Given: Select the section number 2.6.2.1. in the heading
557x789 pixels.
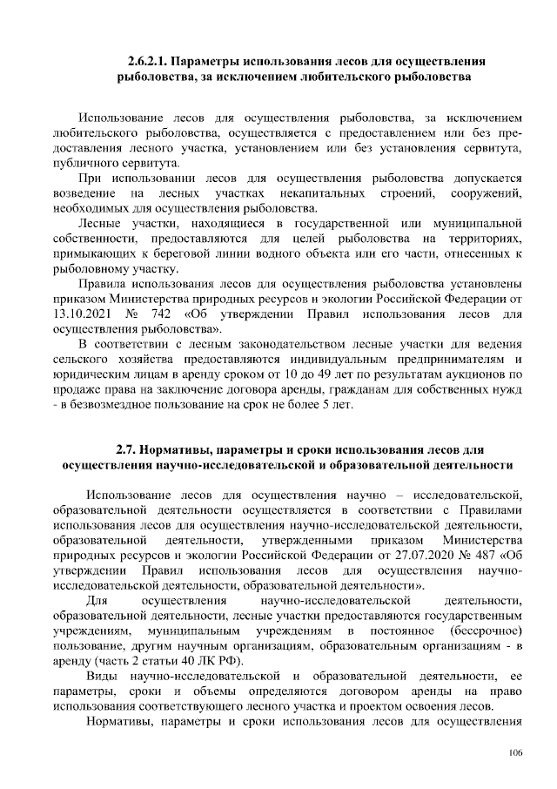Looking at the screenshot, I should tap(146, 62).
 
